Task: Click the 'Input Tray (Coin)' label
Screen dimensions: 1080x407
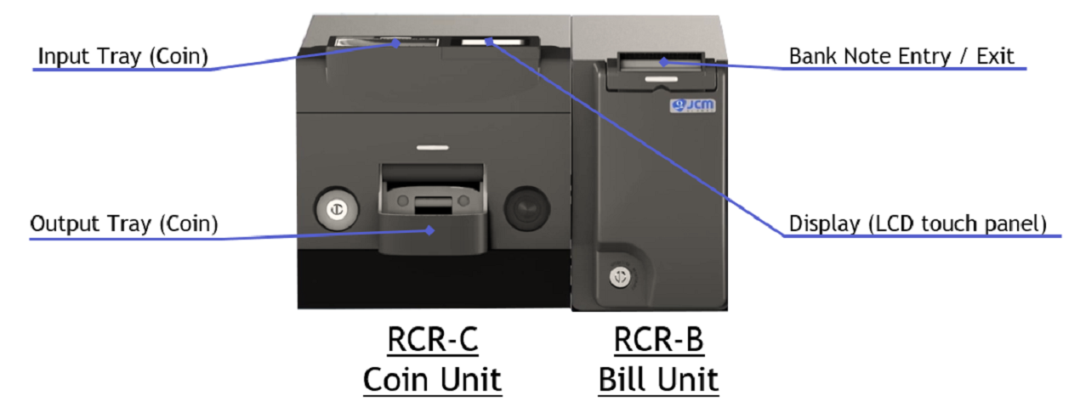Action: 123,56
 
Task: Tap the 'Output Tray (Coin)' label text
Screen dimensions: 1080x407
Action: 124,224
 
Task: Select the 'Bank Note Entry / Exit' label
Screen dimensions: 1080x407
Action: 901,56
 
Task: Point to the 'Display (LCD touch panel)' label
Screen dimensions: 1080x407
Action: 918,224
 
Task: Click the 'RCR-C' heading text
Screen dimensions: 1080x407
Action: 433,340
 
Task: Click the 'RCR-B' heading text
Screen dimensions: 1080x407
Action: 658,340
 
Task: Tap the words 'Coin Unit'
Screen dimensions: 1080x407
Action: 433,380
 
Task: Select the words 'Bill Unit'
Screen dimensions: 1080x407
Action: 658,380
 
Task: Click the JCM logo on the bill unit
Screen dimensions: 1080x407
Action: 692,105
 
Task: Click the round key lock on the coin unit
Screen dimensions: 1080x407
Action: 337,210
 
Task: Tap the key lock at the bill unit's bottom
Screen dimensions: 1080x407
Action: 620,277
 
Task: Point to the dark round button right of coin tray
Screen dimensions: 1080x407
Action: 527,208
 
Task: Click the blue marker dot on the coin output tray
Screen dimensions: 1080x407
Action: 429,231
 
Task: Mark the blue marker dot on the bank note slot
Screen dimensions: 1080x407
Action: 664,62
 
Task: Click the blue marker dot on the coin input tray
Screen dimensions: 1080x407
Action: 395,43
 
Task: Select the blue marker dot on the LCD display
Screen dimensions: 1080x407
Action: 489,42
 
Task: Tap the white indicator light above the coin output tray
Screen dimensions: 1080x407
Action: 433,147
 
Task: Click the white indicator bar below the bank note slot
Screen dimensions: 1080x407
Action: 661,79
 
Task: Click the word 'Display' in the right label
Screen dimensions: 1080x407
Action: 825,224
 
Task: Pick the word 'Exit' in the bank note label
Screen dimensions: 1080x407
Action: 995,56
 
